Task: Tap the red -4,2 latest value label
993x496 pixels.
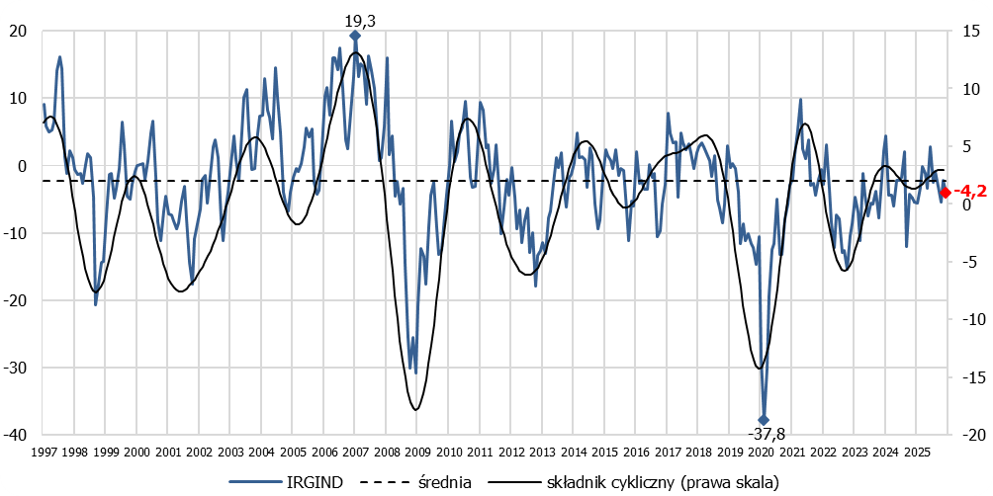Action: pos(969,192)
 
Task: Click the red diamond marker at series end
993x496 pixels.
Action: pos(945,192)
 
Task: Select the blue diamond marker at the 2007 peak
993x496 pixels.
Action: pos(355,36)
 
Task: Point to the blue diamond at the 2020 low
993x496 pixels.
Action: pos(764,420)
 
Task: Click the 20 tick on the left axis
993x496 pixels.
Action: pos(20,31)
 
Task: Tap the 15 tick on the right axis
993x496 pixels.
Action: pos(970,31)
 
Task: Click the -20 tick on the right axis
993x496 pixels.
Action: pos(970,435)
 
